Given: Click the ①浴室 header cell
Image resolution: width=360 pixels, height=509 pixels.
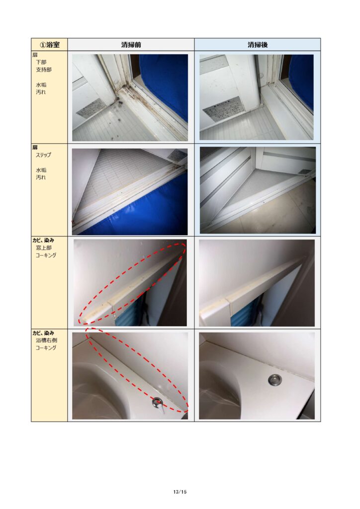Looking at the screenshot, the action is tap(49, 44).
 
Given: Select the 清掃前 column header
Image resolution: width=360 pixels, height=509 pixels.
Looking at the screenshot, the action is tap(131, 45).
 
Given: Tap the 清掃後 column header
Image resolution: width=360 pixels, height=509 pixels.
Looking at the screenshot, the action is tap(258, 45).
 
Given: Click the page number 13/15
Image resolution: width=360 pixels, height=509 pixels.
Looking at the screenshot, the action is tap(180, 492).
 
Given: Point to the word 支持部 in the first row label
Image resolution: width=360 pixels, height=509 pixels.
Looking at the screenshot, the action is tap(43, 70).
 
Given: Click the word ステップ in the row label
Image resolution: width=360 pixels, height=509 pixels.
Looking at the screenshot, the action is tap(43, 155).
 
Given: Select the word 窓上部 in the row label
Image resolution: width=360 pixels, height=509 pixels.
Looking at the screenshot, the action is tap(43, 248).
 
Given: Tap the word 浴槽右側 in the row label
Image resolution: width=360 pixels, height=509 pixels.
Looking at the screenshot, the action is tap(46, 340).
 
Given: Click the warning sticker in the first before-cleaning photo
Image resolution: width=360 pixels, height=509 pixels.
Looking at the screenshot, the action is tap(90, 109).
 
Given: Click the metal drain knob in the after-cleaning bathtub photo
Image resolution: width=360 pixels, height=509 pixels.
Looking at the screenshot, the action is tap(275, 380).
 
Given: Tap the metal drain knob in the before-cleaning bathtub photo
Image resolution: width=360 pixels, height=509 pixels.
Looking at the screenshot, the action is tap(158, 404).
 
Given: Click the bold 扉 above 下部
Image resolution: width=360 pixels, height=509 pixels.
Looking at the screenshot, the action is tap(35, 55).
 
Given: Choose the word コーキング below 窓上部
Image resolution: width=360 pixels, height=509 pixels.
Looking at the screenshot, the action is tap(46, 255).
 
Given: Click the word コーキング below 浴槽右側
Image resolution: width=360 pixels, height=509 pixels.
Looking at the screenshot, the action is tap(46, 347).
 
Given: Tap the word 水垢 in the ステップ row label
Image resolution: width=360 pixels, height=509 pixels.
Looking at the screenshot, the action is tap(41, 170).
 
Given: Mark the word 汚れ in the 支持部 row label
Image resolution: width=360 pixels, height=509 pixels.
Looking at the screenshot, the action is tap(41, 92).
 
